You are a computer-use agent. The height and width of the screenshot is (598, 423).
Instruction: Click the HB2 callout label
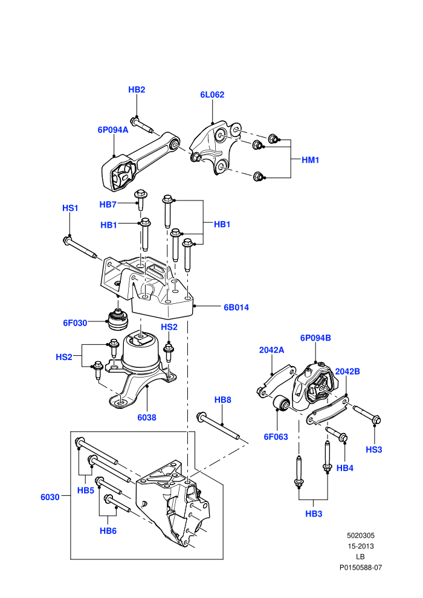click(137, 89)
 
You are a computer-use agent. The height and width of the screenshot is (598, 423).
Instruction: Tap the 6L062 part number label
click(212, 95)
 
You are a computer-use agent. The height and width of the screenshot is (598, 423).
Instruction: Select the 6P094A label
click(113, 130)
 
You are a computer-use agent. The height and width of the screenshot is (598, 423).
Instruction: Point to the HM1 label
click(310, 160)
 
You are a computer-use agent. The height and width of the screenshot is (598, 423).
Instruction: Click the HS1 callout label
click(70, 208)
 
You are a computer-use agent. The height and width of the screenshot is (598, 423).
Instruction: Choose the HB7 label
click(108, 204)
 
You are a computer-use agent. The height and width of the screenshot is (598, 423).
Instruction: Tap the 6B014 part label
click(236, 307)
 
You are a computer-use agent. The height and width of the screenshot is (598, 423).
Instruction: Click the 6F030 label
click(75, 323)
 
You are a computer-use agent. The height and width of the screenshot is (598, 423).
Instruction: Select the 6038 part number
click(147, 417)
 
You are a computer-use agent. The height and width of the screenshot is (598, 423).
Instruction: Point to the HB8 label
click(223, 400)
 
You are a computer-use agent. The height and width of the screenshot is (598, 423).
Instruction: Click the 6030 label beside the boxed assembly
click(50, 497)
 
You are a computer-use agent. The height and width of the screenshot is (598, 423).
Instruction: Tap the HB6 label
click(108, 531)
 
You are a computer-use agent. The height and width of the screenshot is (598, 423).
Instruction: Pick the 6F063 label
click(276, 437)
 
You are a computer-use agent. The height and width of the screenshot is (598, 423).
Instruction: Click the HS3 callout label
click(374, 449)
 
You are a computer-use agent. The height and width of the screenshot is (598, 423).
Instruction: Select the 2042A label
click(271, 350)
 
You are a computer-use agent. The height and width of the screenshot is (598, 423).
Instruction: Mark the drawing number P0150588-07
click(361, 567)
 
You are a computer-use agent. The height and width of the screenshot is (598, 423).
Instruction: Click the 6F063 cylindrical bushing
click(282, 403)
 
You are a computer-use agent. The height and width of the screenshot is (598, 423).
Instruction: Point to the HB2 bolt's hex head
click(134, 121)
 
